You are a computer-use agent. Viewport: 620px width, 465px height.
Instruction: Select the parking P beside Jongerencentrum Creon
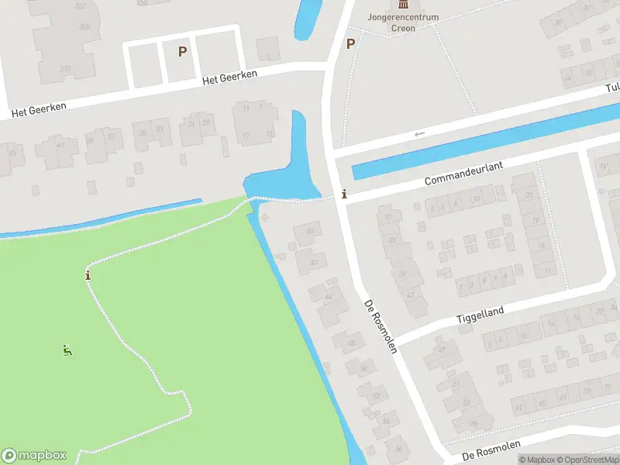[350, 43]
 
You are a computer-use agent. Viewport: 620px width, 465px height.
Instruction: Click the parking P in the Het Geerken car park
[182, 51]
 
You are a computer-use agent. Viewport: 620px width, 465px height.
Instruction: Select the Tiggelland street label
[480, 314]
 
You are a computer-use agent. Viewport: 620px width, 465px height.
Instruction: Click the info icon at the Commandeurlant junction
[344, 195]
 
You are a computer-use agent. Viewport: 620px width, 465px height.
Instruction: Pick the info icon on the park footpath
[88, 275]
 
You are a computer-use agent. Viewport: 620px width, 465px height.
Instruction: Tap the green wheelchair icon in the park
[67, 350]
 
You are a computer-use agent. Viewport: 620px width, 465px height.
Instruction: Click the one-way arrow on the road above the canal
[419, 134]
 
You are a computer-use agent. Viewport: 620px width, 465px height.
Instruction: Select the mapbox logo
[34, 456]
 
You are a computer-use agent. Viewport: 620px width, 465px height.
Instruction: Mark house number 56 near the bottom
[399, 449]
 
